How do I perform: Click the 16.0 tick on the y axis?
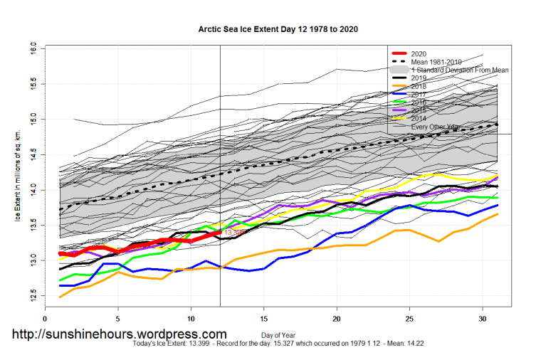33,48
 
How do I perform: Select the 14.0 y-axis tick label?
33,190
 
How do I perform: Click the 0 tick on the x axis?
46,319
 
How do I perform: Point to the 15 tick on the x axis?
264,319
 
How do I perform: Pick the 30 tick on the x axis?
482,319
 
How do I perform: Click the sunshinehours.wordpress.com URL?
119,334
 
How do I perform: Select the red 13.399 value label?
235,233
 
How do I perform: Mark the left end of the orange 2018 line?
60,297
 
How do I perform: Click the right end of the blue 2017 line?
497,205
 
